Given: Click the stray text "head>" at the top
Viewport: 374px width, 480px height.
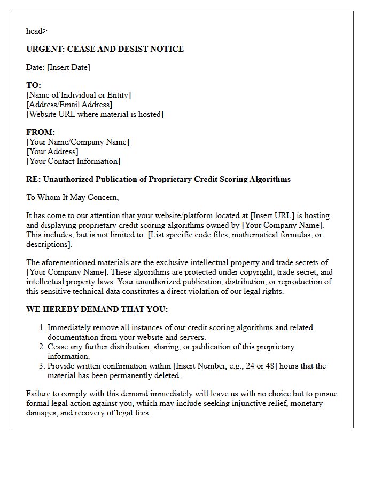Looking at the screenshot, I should pos(37,31).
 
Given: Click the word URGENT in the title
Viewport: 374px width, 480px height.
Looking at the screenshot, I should pos(45,49).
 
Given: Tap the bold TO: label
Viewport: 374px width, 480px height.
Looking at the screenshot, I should pos(34,85).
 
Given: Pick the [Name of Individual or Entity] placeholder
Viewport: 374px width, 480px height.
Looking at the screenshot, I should pos(79,95).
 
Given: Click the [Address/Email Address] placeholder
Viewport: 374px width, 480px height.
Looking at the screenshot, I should pos(69,105).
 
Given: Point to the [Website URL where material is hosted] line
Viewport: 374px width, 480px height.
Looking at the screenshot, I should pos(95,114).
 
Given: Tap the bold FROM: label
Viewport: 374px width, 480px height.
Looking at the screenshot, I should pos(41,132).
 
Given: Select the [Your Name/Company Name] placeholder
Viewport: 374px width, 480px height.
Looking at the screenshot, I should pos(77,142).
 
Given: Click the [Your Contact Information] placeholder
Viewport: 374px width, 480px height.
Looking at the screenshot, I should pos(73,161).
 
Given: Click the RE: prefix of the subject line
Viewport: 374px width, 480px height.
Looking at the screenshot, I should pos(33,179).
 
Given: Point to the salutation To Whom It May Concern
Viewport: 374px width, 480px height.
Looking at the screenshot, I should pos(72,197).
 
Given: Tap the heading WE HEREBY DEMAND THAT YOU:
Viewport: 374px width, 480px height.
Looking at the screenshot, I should pos(97,309).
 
